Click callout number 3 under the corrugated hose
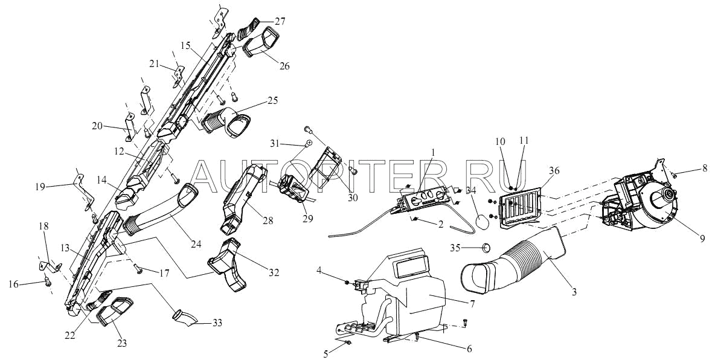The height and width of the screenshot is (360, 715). click(574, 293)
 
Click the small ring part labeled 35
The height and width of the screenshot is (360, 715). click(486, 247)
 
